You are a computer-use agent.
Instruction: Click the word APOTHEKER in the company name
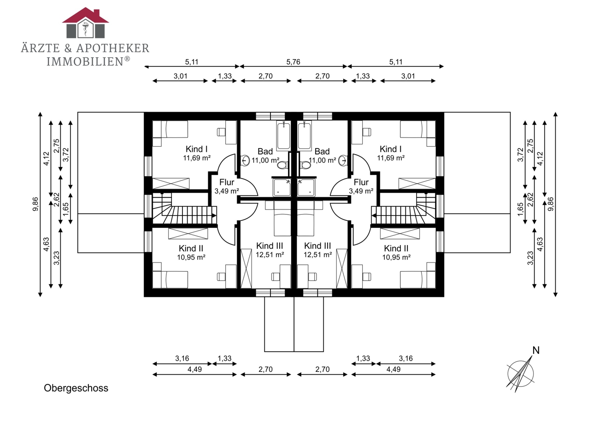coord(112,48)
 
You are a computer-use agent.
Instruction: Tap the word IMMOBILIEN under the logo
coord(85,61)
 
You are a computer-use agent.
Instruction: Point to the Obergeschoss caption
coord(76,388)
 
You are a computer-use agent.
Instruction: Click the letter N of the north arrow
coord(536,350)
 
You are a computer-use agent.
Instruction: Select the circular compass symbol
coord(520,374)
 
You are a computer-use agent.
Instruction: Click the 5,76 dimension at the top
coord(294,62)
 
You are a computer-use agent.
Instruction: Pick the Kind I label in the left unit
coord(197,149)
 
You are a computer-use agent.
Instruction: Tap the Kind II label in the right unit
coord(396,248)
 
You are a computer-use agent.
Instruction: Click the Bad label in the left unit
coord(265,151)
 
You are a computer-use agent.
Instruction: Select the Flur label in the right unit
coord(361,182)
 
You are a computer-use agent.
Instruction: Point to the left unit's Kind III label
coord(270,246)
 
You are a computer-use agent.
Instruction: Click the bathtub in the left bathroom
coord(283,136)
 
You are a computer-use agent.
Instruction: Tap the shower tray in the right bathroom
coord(306,187)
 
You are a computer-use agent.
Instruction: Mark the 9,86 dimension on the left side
coord(35,204)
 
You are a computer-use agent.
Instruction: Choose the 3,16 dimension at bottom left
coord(182,358)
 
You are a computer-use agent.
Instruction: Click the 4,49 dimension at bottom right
coord(393,370)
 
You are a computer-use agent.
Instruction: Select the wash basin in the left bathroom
coord(245,161)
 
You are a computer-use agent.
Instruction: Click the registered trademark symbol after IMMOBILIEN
coord(127,59)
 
